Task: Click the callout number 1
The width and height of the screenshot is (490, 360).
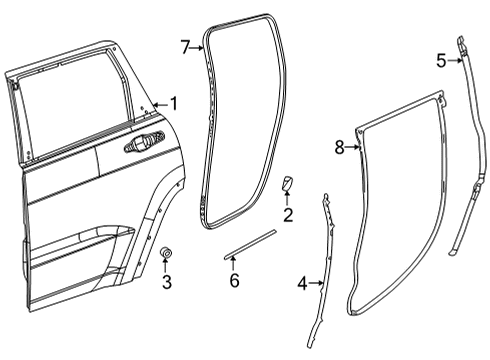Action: click(x=173, y=103)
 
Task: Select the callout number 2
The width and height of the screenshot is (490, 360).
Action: click(x=287, y=215)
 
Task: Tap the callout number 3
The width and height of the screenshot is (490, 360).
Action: click(x=167, y=282)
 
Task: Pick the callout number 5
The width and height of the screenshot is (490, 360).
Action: click(x=441, y=60)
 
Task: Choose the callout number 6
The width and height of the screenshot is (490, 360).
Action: click(x=234, y=281)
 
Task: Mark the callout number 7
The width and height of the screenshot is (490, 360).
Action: click(x=185, y=47)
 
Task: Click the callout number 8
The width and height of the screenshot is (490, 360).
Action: click(x=339, y=147)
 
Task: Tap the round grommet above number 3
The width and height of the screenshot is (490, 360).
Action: click(x=165, y=254)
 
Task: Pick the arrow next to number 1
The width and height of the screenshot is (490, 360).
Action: click(x=160, y=103)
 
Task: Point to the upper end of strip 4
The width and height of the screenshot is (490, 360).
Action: click(x=326, y=200)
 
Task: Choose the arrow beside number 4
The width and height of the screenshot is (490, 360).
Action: click(x=317, y=283)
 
